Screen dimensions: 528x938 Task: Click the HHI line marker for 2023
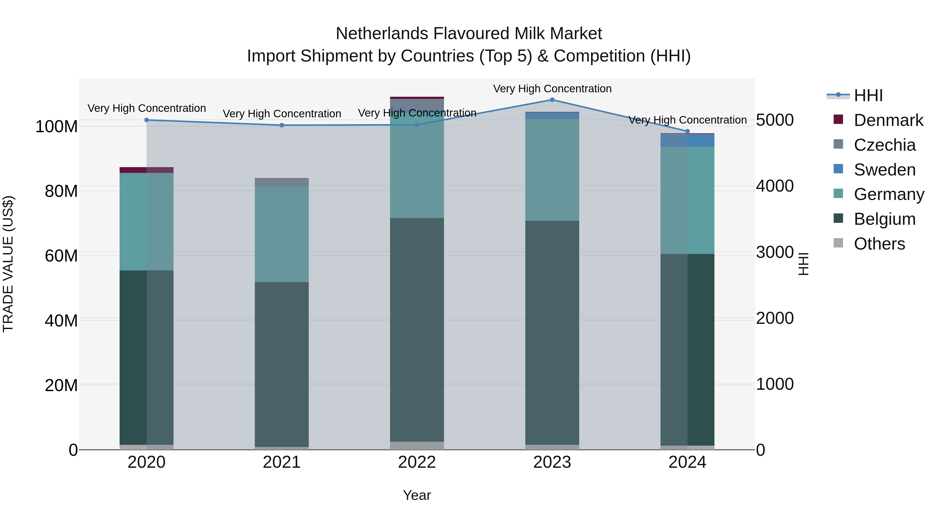click(x=552, y=100)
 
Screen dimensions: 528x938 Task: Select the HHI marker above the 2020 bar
click(x=146, y=120)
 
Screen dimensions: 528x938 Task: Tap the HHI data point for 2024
click(x=687, y=131)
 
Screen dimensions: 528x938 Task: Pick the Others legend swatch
click(x=838, y=243)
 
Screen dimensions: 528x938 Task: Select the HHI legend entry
click(x=868, y=95)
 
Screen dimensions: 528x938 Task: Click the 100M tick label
click(x=57, y=127)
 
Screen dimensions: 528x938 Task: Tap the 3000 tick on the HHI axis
click(x=775, y=252)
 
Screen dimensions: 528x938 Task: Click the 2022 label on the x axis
click(x=417, y=462)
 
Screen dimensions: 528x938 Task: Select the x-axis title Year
click(x=417, y=495)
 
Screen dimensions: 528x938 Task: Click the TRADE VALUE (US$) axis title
click(x=8, y=264)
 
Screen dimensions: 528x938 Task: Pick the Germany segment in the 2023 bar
click(x=552, y=170)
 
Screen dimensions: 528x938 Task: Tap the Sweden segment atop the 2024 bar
click(x=687, y=141)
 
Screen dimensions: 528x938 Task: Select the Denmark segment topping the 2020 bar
click(x=146, y=170)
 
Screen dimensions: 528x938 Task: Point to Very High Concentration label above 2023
click(x=552, y=89)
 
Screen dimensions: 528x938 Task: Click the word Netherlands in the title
click(x=382, y=34)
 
